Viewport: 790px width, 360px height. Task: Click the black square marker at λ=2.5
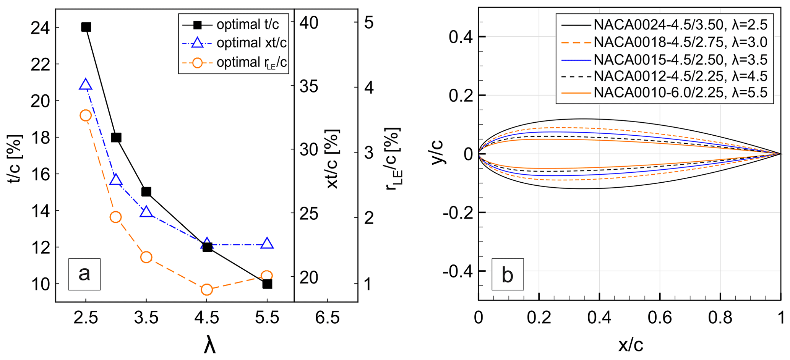tap(86, 27)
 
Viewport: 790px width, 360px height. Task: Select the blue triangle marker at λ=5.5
tap(267, 243)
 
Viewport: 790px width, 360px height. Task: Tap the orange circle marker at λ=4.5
tap(207, 290)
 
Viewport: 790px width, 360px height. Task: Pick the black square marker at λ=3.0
tap(116, 138)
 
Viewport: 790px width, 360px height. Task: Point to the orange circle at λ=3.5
tap(146, 257)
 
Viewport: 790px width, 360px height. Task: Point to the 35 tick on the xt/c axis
tap(309, 87)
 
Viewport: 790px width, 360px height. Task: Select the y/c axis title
tap(438, 152)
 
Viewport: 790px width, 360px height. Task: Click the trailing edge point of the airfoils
tap(780, 154)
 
